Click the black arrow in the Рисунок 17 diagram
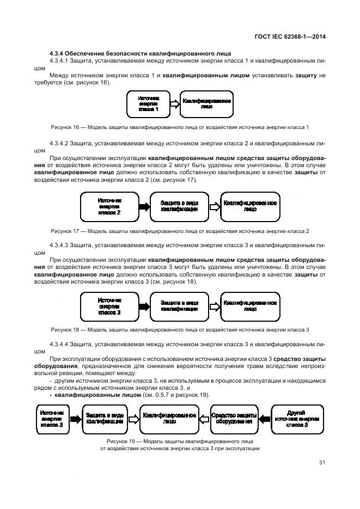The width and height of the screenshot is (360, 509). [x=144, y=207]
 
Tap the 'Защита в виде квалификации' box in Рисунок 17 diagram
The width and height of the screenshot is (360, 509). [x=179, y=207]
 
